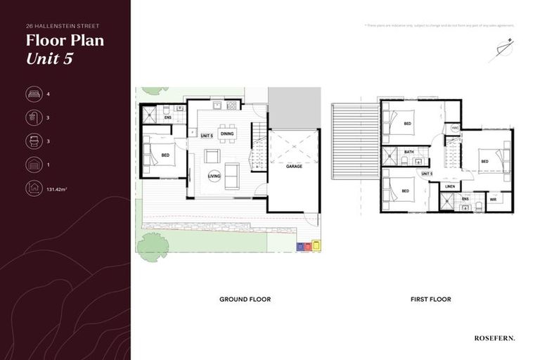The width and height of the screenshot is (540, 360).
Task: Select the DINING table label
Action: click(x=227, y=133)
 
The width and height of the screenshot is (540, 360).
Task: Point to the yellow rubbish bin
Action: click(x=316, y=246)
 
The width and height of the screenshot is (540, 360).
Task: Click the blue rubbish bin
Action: click(x=300, y=246)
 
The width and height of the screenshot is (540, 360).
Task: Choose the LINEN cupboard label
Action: click(x=450, y=186)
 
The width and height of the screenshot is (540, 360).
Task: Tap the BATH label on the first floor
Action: click(x=409, y=152)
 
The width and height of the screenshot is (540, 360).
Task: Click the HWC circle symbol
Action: click(x=455, y=128)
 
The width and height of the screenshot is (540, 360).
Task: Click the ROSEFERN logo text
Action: click(x=494, y=338)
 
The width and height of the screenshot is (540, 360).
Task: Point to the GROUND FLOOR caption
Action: click(x=245, y=300)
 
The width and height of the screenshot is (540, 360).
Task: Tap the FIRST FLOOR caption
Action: click(x=430, y=300)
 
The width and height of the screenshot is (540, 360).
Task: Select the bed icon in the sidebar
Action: click(x=33, y=94)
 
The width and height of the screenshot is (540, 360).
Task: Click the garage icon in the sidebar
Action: click(x=33, y=165)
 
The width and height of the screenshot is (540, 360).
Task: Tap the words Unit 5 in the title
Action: click(x=49, y=58)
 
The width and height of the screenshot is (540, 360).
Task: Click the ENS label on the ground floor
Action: click(x=168, y=117)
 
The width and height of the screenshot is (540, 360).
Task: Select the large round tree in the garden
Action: click(x=152, y=246)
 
